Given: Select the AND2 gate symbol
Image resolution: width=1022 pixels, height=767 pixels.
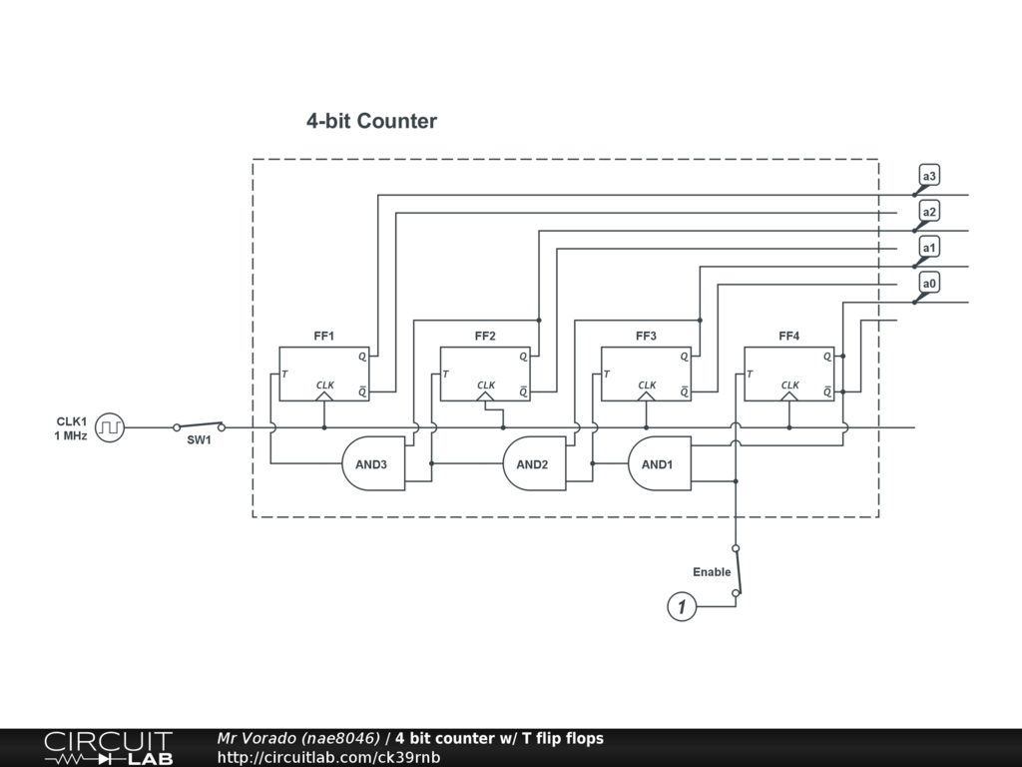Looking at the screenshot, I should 533,463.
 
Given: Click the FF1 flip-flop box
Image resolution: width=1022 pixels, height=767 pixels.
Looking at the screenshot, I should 323,374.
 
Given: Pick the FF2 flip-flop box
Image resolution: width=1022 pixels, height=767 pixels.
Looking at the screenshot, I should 485,374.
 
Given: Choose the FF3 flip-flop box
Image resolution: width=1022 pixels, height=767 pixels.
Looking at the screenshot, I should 646,374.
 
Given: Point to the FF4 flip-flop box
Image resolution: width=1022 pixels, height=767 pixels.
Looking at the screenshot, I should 788,374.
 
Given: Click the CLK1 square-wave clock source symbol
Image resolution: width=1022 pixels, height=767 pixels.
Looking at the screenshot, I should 110,427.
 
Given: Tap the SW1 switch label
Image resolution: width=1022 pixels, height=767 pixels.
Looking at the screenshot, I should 200,440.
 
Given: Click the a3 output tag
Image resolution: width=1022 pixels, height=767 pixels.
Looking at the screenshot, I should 929,177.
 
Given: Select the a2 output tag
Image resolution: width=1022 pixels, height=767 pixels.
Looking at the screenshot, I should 929,212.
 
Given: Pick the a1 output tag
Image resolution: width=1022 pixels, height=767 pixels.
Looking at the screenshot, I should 929,247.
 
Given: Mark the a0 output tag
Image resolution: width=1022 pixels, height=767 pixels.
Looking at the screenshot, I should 929,284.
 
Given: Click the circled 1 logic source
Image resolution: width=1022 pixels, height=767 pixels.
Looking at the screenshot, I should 682,606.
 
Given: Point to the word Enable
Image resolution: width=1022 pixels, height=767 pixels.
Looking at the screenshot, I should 712,572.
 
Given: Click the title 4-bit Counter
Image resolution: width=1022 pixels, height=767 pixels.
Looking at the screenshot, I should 371,121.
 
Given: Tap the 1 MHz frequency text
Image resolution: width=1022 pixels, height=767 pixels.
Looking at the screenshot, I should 71,436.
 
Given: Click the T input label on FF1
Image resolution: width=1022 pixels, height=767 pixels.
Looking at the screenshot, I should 285,375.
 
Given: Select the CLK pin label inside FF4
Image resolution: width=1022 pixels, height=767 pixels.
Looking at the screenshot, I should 789,384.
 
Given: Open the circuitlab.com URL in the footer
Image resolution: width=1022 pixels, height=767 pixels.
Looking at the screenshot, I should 328,757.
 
